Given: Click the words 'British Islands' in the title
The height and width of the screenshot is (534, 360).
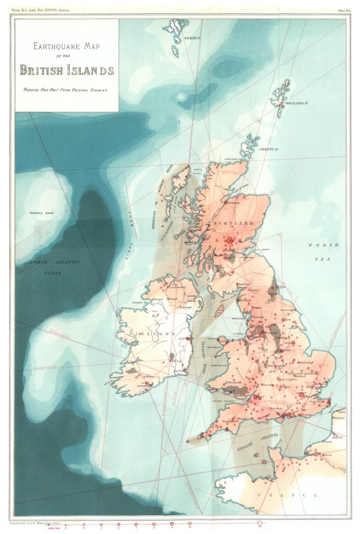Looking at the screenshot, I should (x=66, y=71).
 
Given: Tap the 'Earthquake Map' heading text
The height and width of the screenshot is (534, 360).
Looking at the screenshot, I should (x=66, y=46).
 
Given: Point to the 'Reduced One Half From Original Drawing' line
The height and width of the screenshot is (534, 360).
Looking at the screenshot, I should (x=66, y=90).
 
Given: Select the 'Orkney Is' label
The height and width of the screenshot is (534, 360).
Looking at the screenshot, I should (x=269, y=149).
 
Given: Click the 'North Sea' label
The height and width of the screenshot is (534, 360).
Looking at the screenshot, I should (x=323, y=251).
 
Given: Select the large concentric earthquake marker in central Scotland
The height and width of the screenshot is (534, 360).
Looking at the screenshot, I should (x=230, y=241).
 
